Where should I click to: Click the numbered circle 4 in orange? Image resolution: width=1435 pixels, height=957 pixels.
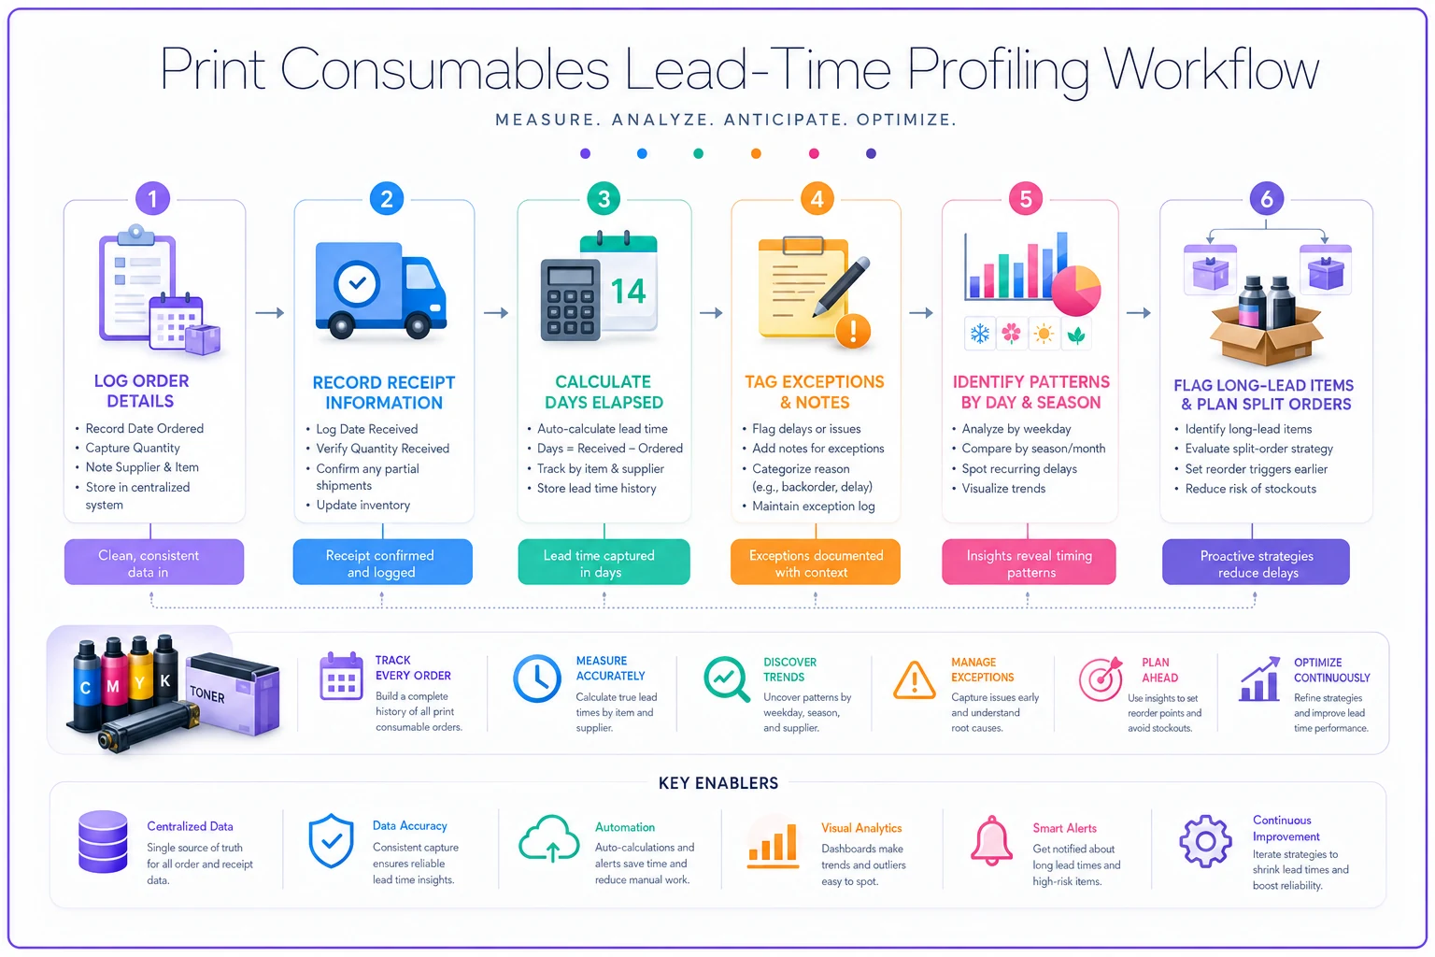(817, 199)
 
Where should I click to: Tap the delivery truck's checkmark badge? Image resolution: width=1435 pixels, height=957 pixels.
(357, 282)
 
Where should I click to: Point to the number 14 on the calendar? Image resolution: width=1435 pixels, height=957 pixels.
(628, 292)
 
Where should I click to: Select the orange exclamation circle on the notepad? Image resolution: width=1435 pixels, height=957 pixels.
(853, 331)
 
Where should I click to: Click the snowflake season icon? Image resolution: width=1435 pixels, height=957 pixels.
(979, 334)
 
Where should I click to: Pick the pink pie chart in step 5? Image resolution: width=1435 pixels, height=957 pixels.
(1075, 291)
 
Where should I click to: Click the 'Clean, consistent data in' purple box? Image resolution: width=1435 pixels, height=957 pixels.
(154, 563)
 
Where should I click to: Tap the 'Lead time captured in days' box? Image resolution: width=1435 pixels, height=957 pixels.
(604, 563)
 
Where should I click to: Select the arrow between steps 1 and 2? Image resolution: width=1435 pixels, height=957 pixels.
(270, 313)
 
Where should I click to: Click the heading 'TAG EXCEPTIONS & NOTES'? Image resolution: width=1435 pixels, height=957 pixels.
(815, 393)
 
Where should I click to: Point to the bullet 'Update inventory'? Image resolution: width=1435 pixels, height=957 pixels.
(362, 505)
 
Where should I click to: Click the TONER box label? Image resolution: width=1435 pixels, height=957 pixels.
(207, 693)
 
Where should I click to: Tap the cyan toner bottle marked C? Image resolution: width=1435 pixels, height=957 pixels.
(85, 686)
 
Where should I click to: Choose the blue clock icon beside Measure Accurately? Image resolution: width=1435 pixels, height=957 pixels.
(537, 678)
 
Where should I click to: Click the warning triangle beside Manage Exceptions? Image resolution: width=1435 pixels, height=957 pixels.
(915, 680)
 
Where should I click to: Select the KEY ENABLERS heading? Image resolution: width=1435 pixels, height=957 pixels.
(718, 782)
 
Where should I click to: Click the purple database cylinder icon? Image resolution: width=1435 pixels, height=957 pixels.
(103, 842)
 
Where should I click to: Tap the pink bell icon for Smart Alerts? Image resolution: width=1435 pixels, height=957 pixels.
(991, 841)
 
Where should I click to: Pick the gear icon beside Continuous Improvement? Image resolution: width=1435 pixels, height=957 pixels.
(1206, 842)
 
